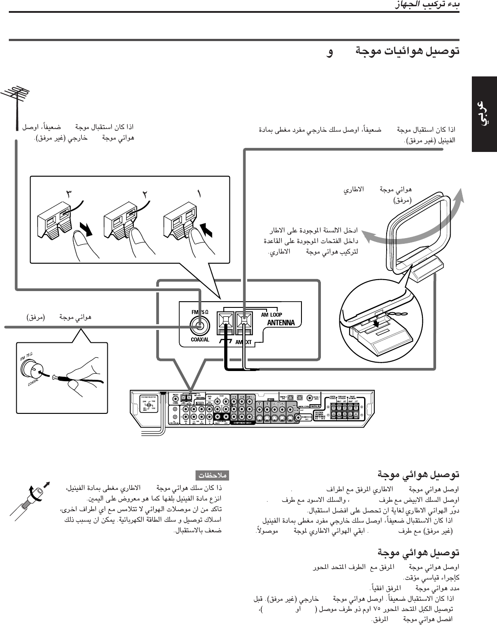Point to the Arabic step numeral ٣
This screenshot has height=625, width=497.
click(x=70, y=193)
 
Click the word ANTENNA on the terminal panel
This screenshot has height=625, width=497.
click(x=281, y=323)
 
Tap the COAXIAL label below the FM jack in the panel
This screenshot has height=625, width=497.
click(x=200, y=340)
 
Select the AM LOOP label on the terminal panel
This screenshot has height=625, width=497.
click(x=271, y=315)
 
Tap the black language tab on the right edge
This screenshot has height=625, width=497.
click(x=484, y=114)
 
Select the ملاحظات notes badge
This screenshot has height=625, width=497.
click(x=212, y=476)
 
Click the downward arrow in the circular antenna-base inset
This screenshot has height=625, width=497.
click(x=375, y=324)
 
